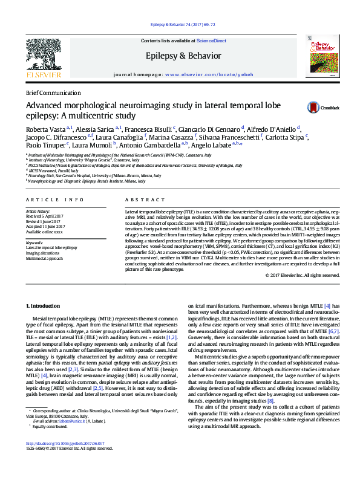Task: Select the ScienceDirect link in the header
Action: tap(211, 40)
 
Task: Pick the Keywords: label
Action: tap(35, 242)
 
